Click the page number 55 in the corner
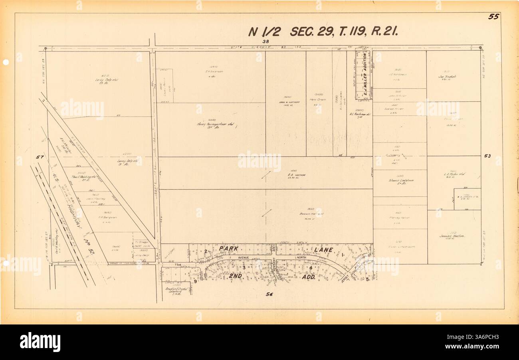coord(493,17)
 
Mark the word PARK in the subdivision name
coord(229,249)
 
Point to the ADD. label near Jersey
coord(309,277)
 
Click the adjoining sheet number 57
coord(39,157)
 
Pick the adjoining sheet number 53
coord(487,156)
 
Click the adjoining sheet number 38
coord(266,42)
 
